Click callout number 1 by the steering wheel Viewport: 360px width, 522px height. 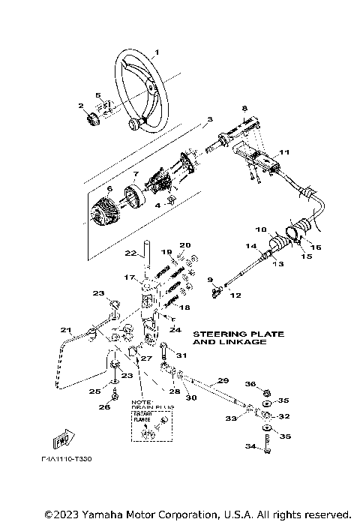click(157, 52)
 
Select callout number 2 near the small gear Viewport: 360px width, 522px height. click(82, 106)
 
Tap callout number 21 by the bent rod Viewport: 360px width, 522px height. click(65, 330)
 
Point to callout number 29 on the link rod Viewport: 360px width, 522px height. click(223, 381)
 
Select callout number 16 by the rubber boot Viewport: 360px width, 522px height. click(316, 247)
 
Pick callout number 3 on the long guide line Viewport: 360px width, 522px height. click(211, 119)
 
